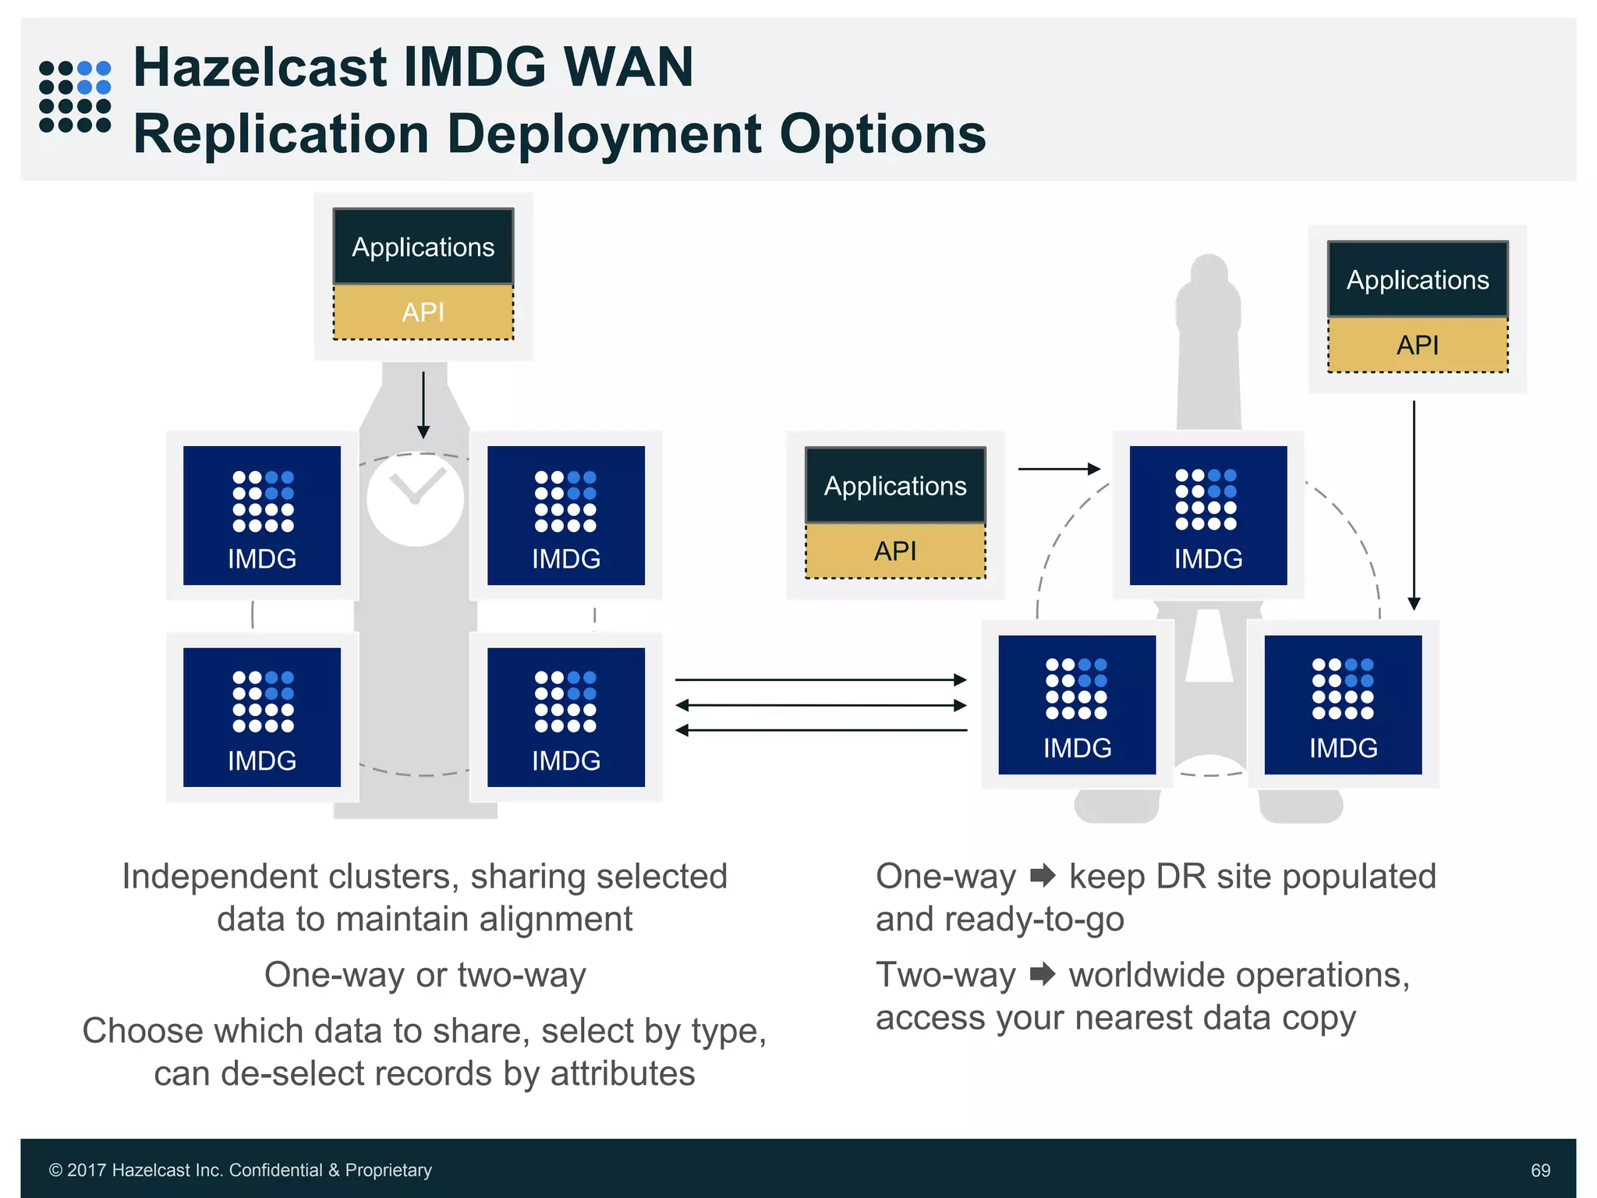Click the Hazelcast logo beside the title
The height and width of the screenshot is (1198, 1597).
point(75,96)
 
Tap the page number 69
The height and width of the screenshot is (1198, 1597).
point(1540,1170)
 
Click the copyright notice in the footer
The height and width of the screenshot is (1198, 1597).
point(240,1170)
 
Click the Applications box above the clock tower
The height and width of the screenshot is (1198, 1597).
point(423,246)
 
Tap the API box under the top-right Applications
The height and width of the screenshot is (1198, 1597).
point(1418,345)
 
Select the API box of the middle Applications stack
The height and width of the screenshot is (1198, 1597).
point(895,551)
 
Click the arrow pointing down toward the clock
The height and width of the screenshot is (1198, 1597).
point(423,406)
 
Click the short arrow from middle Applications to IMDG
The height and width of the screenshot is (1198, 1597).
point(1059,469)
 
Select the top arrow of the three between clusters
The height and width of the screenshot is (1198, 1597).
point(820,680)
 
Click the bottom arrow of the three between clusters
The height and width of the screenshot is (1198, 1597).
point(820,730)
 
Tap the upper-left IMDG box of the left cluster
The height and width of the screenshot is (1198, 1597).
point(262,515)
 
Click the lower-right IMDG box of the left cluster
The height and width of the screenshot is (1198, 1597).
point(566,717)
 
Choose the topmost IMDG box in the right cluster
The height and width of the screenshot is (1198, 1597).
point(1208,515)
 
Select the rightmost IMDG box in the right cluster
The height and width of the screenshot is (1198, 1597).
point(1343,704)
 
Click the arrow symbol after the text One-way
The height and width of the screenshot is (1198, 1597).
point(1043,876)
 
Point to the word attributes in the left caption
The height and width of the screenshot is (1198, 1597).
point(622,1073)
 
